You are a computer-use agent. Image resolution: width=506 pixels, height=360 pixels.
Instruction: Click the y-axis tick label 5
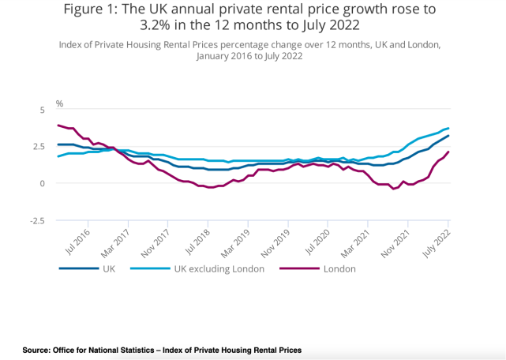[x=42, y=109]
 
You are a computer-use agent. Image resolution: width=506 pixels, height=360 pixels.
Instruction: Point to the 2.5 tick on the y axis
[x=39, y=146]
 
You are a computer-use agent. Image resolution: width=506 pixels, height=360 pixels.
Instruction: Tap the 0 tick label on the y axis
[x=42, y=183]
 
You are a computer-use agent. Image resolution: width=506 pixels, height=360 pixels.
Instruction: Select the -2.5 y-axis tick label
[x=37, y=220]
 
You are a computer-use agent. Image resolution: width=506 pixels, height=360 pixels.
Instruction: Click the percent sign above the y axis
[x=59, y=103]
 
